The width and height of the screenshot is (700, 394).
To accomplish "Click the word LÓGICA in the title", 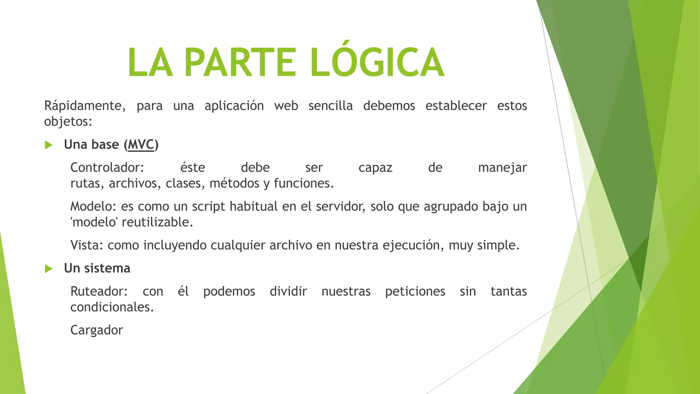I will click(x=377, y=62).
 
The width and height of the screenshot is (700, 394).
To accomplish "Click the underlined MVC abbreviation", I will click(x=141, y=145).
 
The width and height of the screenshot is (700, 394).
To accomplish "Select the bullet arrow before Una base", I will click(x=49, y=145).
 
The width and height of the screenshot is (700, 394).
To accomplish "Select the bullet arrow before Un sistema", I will click(x=49, y=269).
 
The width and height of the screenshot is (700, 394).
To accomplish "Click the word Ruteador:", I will click(x=99, y=291).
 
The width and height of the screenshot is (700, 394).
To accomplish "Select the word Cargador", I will click(x=96, y=330).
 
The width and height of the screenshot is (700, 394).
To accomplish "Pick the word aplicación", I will click(x=234, y=106).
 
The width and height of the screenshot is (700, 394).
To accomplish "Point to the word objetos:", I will click(x=68, y=122).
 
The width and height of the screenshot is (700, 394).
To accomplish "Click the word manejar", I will click(x=502, y=168).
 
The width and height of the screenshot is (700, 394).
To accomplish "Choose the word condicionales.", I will click(x=112, y=307).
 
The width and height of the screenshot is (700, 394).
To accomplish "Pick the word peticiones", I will click(x=415, y=291).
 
